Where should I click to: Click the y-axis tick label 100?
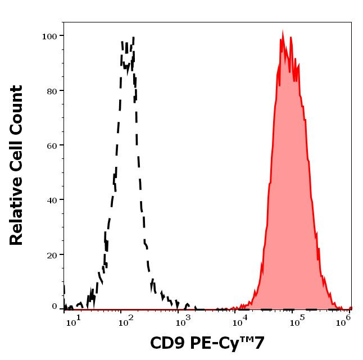tap(50, 36)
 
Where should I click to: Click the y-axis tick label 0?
tap(55, 307)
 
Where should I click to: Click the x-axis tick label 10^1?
tap(75, 320)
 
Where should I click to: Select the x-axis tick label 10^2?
tap(125, 320)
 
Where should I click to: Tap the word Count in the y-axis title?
tap(17, 107)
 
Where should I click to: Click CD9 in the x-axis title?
tap(167, 342)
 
